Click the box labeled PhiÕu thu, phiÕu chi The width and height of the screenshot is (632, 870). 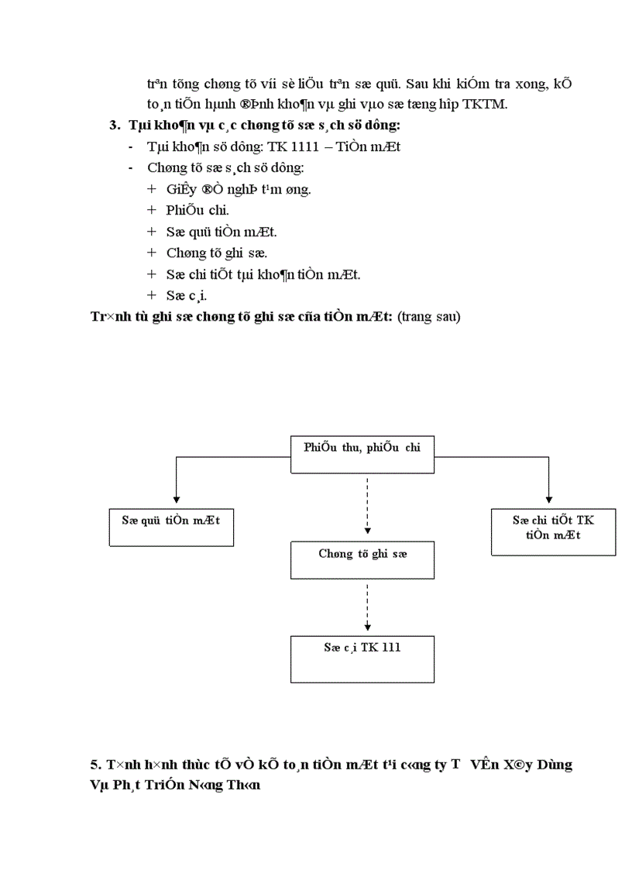tap(362, 454)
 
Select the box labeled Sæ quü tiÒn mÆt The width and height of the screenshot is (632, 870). tap(170, 527)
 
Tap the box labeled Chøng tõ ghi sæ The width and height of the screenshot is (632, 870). tap(362, 560)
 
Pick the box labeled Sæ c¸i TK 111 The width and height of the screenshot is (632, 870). tap(362, 659)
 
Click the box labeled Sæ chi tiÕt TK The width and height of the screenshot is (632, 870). tap(553, 531)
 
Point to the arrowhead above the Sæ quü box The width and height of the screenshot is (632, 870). tap(177, 498)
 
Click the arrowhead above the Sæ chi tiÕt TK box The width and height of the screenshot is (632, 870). tap(549, 498)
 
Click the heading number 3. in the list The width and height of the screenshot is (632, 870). tap(115, 126)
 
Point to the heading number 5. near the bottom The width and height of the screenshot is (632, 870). tap(96, 765)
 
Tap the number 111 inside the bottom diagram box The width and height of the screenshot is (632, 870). tap(391, 647)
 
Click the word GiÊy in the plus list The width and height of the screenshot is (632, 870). tap(180, 189)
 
